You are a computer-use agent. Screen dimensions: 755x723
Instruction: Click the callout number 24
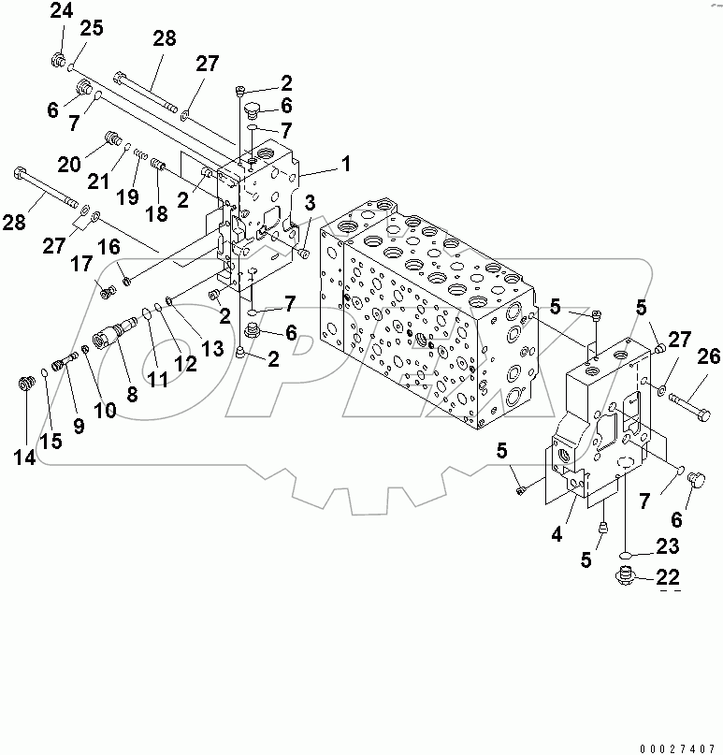[61, 11]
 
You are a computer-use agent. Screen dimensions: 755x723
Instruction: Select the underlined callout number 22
[666, 577]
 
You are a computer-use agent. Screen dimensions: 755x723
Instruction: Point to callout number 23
[666, 546]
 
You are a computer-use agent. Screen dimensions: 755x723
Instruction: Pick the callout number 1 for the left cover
[345, 165]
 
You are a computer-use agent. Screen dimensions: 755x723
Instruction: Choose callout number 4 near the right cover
[557, 535]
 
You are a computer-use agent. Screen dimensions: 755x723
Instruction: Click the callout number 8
[132, 395]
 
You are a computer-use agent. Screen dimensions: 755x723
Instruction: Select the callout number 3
[310, 201]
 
